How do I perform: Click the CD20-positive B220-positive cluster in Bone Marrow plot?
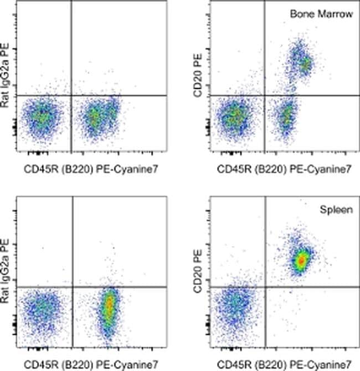tap(301, 62)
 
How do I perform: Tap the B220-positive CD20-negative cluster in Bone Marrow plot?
tap(286, 116)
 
